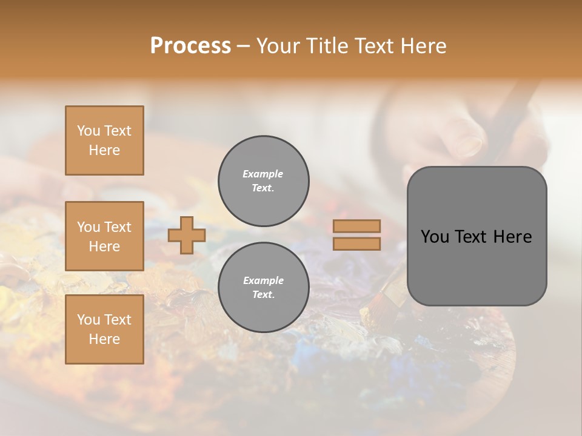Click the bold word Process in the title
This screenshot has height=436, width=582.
190,46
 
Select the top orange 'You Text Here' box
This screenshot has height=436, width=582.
104,140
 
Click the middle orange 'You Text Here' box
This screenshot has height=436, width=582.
104,236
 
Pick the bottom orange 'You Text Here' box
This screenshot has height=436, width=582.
104,329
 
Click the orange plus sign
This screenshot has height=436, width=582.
187,236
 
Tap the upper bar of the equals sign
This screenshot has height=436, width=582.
357,226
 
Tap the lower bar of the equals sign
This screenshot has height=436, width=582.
357,244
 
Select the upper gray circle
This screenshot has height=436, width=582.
263,181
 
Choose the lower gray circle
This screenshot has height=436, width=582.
263,288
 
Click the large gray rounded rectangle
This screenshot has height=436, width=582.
477,236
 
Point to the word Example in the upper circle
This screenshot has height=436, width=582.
263,174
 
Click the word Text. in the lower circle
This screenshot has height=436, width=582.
263,295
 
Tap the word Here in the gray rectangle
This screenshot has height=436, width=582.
512,237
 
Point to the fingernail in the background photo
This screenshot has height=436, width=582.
470,143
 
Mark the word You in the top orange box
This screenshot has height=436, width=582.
89,131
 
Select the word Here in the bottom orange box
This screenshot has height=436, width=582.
104,339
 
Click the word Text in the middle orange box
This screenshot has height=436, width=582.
117,227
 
